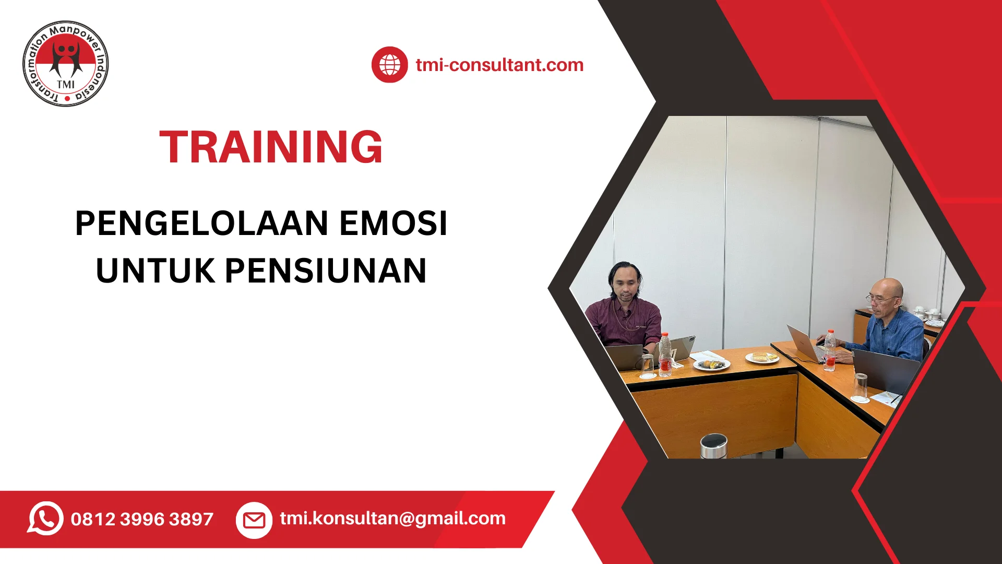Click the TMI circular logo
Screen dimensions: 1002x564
tap(66, 64)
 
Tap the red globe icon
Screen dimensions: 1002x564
tap(389, 65)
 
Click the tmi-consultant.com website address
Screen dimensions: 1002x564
tap(499, 65)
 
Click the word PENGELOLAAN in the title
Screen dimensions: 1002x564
tap(202, 224)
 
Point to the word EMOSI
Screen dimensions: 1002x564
tap(393, 224)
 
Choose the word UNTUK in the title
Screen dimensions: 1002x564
tap(156, 271)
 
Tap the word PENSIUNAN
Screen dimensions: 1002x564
tap(326, 271)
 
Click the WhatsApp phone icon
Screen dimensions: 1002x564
tap(45, 519)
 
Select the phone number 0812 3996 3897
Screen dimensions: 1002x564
tap(142, 519)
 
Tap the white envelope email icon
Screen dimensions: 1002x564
tap(254, 520)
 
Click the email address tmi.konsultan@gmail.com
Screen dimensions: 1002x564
tap(393, 519)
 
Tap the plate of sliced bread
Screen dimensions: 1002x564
tap(762, 357)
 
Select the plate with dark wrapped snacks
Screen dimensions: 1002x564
tap(711, 364)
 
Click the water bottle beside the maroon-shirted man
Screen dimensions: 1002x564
tap(665, 355)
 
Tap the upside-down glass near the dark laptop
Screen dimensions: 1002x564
tap(861, 388)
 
